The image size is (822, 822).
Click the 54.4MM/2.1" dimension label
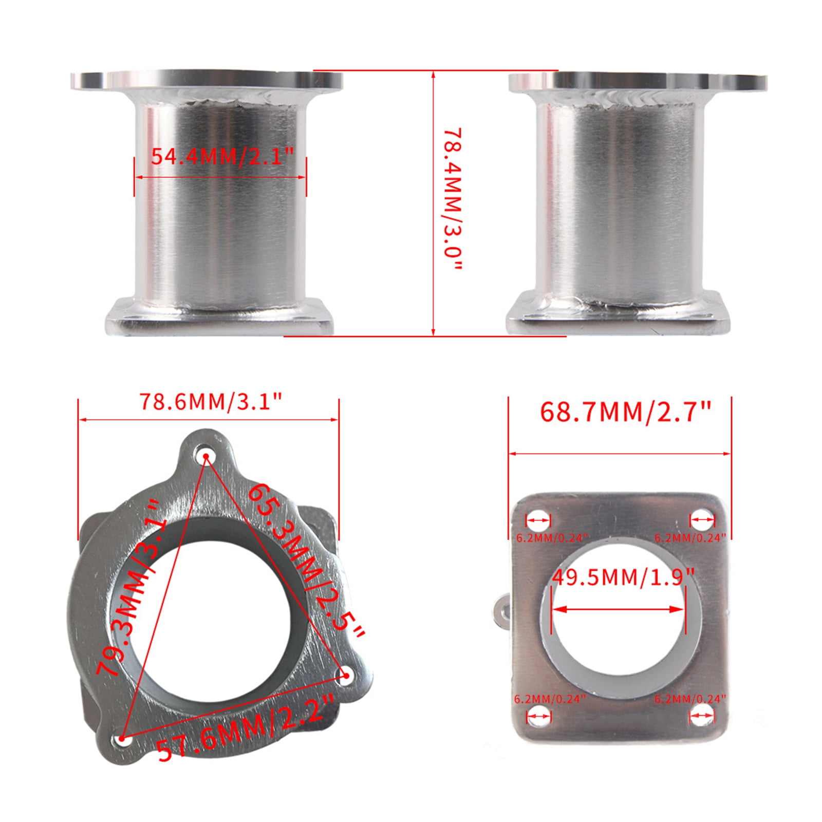(x=221, y=156)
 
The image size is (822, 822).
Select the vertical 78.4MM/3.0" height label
(x=453, y=201)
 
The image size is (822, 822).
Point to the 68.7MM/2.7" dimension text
(x=625, y=412)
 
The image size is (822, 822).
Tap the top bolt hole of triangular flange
(x=206, y=456)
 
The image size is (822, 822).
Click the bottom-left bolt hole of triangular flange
(x=122, y=740)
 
